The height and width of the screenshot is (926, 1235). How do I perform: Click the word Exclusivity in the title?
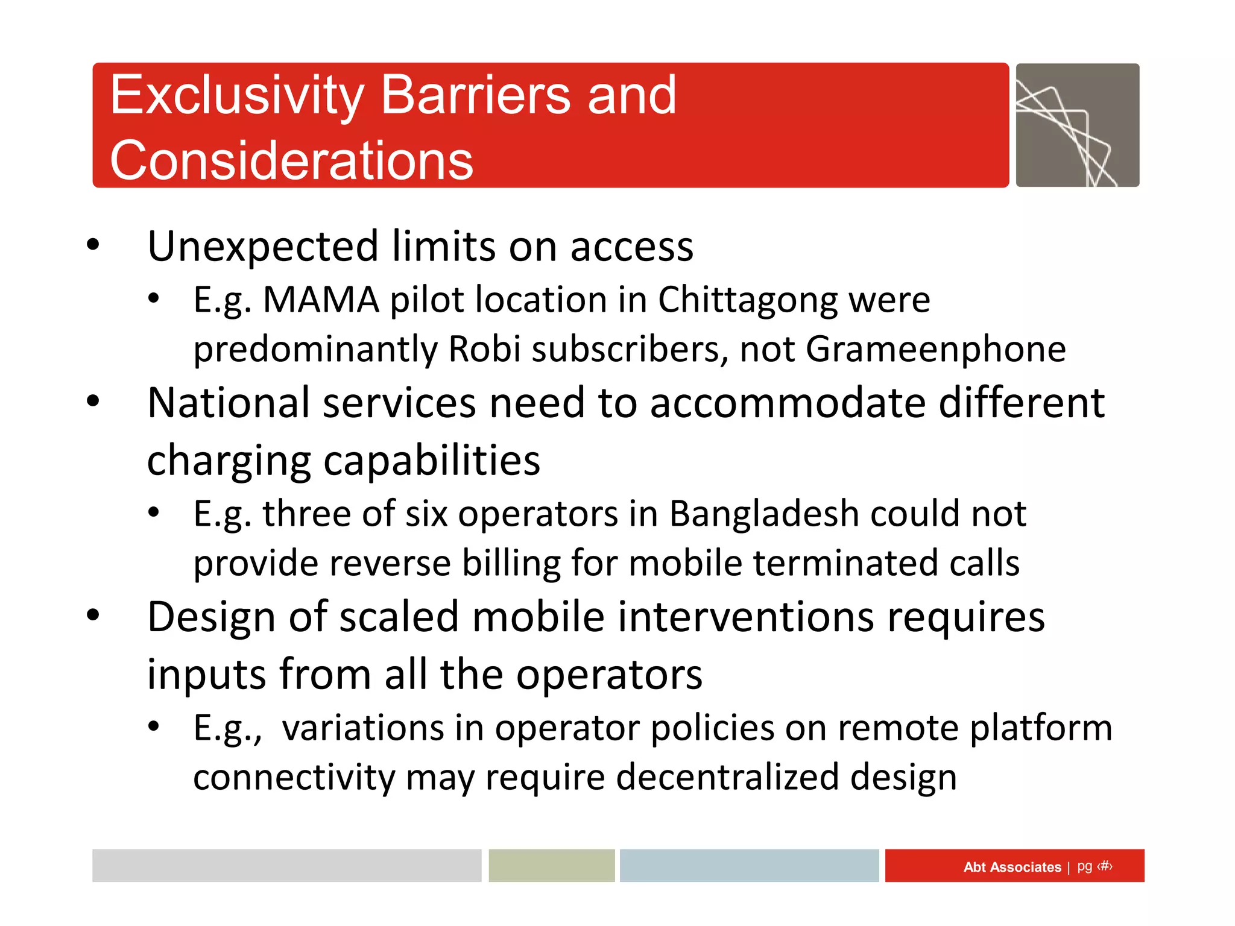pos(237,96)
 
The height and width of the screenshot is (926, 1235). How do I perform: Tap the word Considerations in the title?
pos(291,160)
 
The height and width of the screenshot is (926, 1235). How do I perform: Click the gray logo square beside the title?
pos(1077,125)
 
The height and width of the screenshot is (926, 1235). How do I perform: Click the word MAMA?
pos(321,300)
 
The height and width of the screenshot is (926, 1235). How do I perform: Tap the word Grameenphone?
pos(935,350)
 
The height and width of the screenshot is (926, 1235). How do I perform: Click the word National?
pos(229,403)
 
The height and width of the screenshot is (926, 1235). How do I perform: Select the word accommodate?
pos(788,403)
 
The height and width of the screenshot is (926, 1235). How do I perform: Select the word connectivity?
pos(294,778)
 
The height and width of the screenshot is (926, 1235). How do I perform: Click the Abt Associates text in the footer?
pos(1012,867)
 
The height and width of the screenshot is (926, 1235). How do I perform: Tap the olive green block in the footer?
pos(551,866)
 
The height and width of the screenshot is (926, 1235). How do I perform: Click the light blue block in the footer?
pos(749,866)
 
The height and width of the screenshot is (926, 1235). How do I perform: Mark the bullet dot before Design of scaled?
pos(93,616)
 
